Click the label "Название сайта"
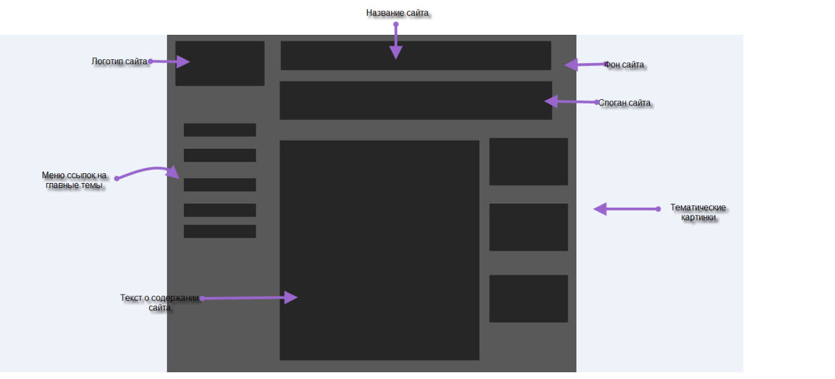click(x=397, y=13)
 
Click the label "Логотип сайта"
click(x=119, y=61)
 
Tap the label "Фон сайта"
click(x=623, y=64)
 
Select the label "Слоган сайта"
click(x=624, y=103)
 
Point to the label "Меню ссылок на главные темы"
click(x=74, y=180)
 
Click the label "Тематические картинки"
click(x=697, y=212)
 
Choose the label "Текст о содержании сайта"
click(x=160, y=302)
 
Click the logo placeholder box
click(x=219, y=63)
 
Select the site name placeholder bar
click(x=416, y=55)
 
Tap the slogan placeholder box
click(x=416, y=100)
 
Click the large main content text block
click(x=379, y=250)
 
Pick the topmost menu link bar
click(x=219, y=130)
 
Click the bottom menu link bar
click(x=219, y=231)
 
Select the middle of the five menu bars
click(x=219, y=184)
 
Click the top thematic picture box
click(x=528, y=161)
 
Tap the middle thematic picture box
click(x=528, y=227)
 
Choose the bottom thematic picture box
click(x=528, y=298)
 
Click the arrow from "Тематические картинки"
click(x=625, y=209)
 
